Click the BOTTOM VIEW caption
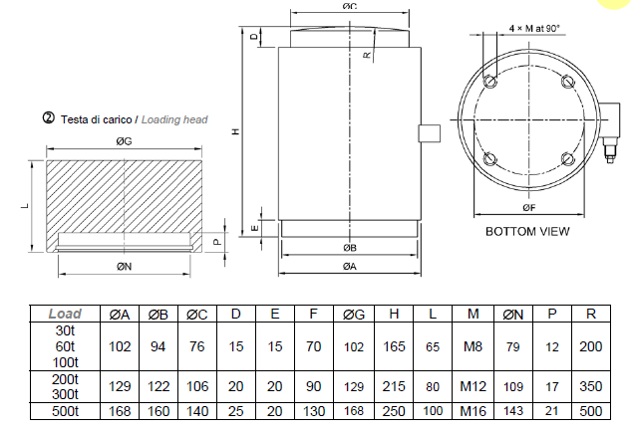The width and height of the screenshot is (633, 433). [527, 231]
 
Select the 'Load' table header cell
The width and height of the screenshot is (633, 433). [65, 314]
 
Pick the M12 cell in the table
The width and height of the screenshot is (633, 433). [473, 384]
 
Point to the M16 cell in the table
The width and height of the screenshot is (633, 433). [473, 411]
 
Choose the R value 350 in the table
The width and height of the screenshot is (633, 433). [591, 384]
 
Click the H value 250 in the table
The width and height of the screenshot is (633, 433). [394, 411]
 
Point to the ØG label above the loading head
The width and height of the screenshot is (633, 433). [125, 142]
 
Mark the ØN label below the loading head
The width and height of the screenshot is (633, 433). [124, 266]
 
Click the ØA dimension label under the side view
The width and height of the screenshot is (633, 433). [349, 266]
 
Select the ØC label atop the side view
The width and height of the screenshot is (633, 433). [349, 7]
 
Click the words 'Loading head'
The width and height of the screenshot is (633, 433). [174, 120]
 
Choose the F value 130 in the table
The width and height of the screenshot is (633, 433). [314, 411]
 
